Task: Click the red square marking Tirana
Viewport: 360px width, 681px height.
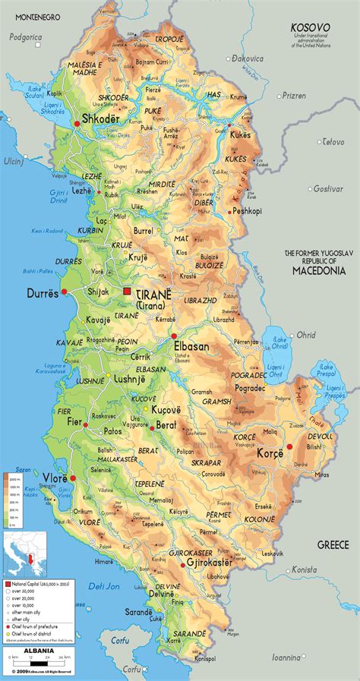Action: [128, 292]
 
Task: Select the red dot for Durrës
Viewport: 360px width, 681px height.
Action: [65, 292]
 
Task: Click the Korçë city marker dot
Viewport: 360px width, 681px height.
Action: [289, 447]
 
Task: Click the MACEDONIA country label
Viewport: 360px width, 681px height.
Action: [315, 270]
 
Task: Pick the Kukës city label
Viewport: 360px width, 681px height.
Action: [241, 134]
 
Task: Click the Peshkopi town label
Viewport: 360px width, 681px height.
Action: [248, 211]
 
